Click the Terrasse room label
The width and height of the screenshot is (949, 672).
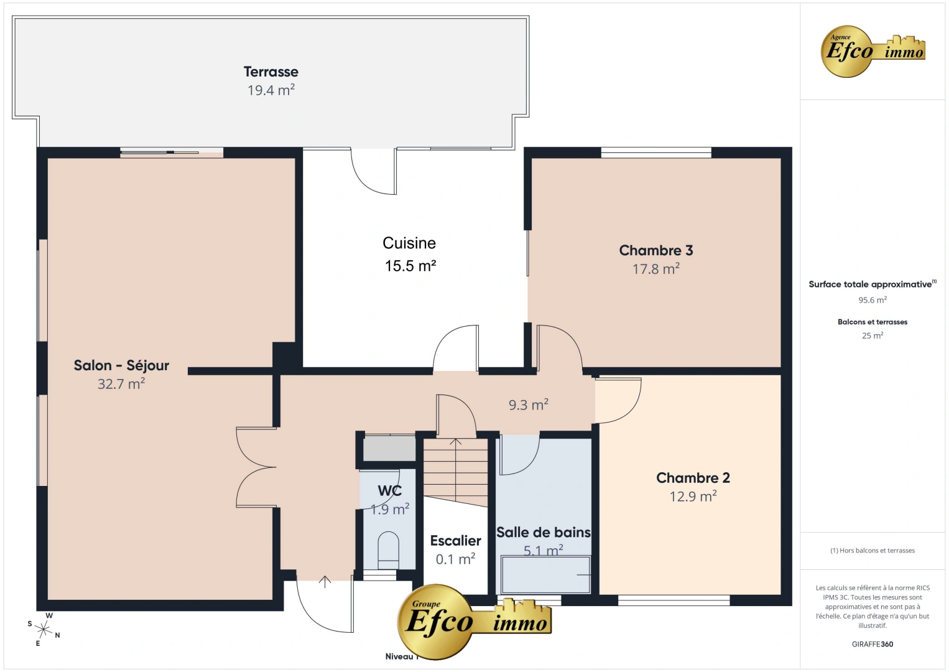[x=271, y=72]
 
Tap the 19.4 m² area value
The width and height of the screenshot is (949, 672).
[x=271, y=90]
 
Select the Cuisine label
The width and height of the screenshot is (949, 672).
[x=409, y=243]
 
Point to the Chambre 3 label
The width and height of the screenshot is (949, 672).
[x=655, y=250]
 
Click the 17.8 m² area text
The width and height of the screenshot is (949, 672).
[x=655, y=269]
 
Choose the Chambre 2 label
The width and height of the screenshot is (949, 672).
[x=693, y=478]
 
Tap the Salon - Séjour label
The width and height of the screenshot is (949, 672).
[x=121, y=365]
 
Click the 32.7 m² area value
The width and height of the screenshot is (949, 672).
[x=121, y=384]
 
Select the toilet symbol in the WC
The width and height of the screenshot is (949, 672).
[x=388, y=549]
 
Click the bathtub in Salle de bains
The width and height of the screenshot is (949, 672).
[x=545, y=574]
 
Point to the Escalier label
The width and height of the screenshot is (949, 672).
[x=455, y=541]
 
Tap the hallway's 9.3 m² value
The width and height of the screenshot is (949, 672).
[x=528, y=405]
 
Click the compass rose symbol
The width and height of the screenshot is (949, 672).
[x=44, y=629]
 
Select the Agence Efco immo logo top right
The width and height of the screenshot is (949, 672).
[x=873, y=51]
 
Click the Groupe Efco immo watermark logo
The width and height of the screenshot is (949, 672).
[x=474, y=620]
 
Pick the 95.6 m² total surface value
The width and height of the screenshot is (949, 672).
[x=872, y=300]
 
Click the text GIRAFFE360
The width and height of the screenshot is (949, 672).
[x=872, y=644]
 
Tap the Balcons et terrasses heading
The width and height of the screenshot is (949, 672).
[x=872, y=322]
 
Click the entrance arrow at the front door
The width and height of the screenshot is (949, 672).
[x=325, y=581]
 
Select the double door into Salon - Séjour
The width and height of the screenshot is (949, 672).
[x=256, y=467]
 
